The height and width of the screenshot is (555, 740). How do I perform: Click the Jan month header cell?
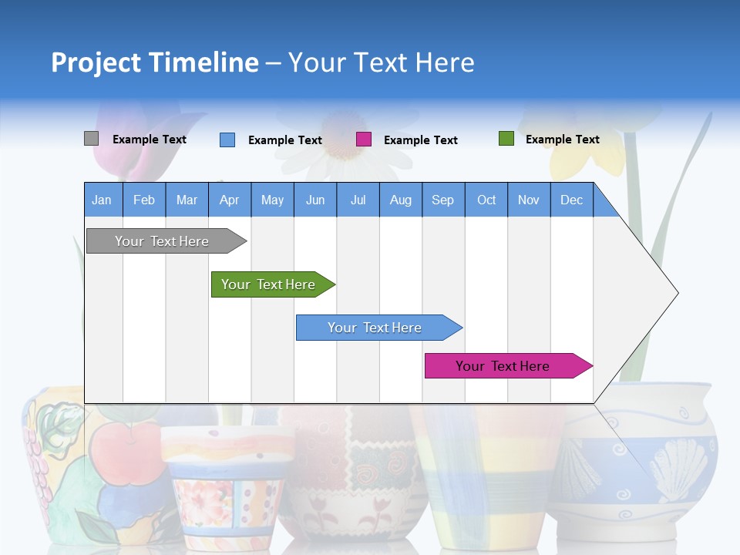(x=102, y=200)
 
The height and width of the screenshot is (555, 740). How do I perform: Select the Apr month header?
(x=229, y=200)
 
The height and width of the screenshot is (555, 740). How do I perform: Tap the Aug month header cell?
(x=400, y=200)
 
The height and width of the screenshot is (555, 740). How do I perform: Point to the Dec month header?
(x=571, y=200)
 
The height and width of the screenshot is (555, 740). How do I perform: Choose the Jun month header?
(x=314, y=200)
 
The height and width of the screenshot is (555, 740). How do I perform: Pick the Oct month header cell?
(x=486, y=200)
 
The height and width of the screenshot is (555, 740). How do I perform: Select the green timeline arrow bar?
(x=270, y=284)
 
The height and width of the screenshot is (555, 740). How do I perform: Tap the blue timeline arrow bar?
(x=376, y=328)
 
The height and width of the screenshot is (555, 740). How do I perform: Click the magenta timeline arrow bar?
(x=505, y=366)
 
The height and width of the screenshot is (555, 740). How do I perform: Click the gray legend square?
(x=91, y=139)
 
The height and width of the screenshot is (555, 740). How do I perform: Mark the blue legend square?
(x=227, y=140)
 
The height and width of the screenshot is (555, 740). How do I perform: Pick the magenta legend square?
(x=363, y=140)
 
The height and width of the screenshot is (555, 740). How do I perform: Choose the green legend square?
(x=506, y=139)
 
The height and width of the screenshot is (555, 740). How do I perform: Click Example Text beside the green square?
(x=562, y=140)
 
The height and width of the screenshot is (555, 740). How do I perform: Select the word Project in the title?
(x=96, y=62)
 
